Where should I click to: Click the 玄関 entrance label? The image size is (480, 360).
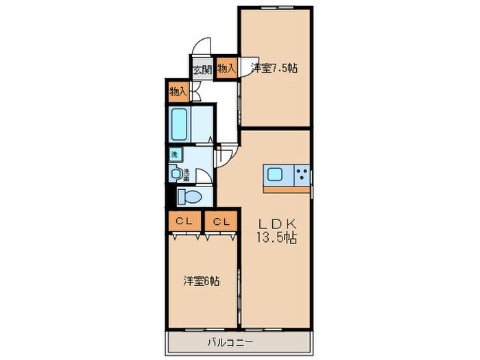202,69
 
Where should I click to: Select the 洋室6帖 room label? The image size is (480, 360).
201,281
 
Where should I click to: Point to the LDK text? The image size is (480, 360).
277,224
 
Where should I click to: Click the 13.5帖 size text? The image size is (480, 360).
277,238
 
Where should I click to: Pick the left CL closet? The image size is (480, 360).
183,221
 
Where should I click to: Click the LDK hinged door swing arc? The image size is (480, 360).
226,156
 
